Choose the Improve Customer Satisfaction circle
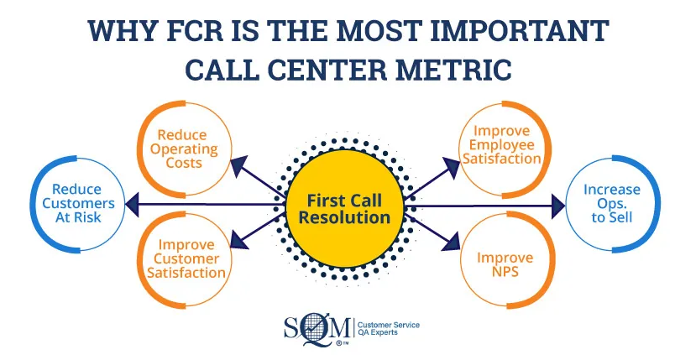tap(186, 258)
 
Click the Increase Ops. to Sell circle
tap(610, 204)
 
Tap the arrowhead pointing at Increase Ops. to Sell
tap(557, 204)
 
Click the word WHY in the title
tap(112, 30)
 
